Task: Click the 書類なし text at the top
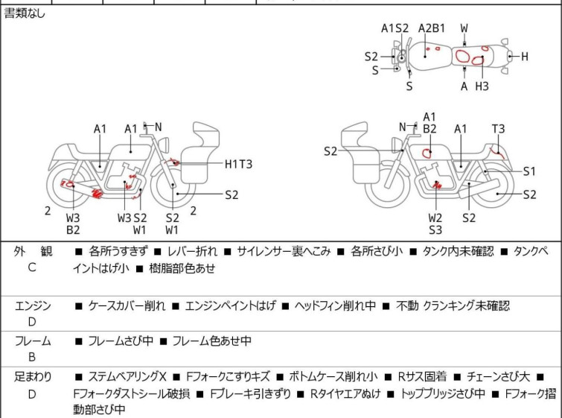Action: (25, 13)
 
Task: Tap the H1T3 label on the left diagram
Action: (239, 164)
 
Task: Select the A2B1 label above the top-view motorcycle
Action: (432, 28)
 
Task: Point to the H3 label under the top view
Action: (482, 86)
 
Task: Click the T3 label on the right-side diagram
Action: (498, 128)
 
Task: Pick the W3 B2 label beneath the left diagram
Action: (73, 224)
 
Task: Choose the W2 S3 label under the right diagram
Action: (435, 224)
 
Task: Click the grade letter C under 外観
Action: (32, 267)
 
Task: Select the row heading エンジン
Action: (33, 305)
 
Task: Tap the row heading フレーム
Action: (33, 341)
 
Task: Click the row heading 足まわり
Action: (33, 377)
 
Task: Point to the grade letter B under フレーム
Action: (32, 356)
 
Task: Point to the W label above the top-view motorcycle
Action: (464, 28)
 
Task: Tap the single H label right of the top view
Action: (524, 57)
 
